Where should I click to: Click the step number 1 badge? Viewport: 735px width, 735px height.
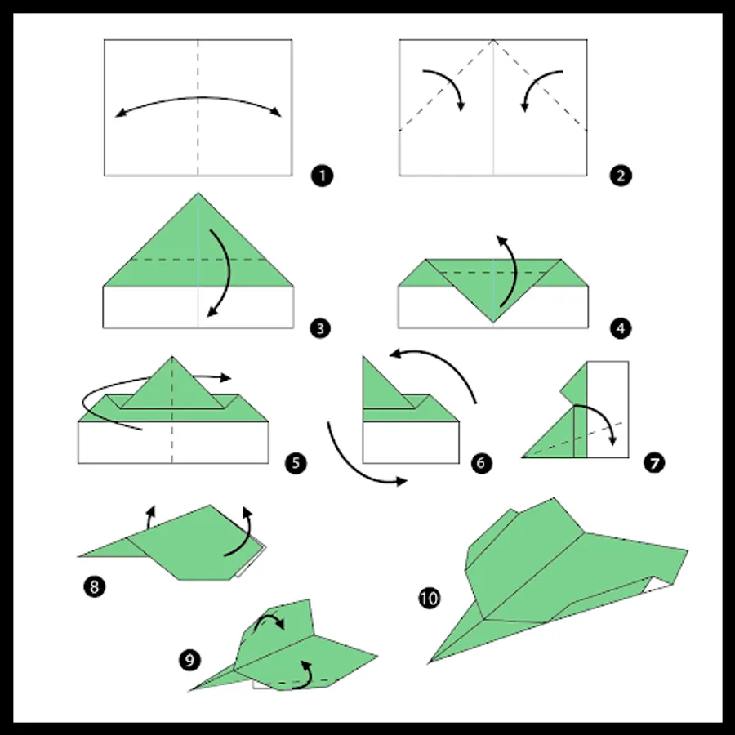click(322, 176)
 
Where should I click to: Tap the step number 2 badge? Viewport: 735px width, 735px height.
click(621, 176)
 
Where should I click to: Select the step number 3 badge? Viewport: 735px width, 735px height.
click(320, 328)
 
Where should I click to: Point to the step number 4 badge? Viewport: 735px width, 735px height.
click(621, 328)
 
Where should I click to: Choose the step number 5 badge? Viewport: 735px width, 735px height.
click(296, 463)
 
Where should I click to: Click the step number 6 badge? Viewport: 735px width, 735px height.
click(481, 463)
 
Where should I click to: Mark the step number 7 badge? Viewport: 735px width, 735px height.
click(654, 463)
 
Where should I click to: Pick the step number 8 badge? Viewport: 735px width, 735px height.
click(94, 586)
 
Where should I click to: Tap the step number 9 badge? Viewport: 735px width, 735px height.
click(189, 661)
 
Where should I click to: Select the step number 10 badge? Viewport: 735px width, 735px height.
click(430, 599)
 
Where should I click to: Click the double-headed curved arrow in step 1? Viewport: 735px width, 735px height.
click(198, 97)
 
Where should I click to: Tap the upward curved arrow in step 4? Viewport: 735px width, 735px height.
click(514, 272)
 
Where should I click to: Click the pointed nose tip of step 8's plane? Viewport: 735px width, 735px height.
click(78, 556)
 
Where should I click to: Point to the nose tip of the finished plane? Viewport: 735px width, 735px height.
click(429, 663)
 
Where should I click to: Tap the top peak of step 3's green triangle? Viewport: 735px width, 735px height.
click(198, 192)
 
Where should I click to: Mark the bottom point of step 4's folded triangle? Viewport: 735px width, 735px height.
click(493, 323)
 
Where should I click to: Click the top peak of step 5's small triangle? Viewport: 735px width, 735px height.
click(172, 356)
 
